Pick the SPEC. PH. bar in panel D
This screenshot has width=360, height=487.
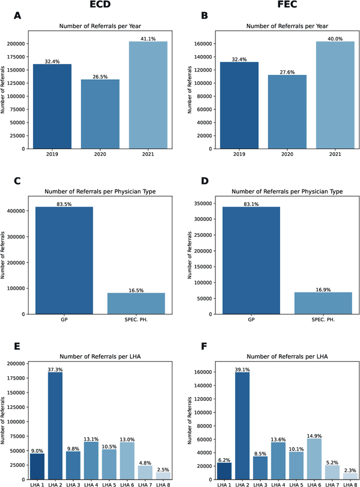pos(323,303)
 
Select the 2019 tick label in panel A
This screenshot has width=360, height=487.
pos(52,154)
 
